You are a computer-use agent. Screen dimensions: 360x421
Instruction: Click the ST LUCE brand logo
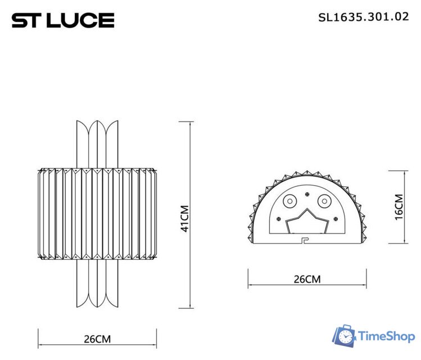click(x=63, y=20)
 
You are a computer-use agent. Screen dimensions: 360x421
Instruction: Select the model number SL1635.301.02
click(x=363, y=17)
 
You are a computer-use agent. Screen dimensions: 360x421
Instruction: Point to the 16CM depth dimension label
click(x=399, y=207)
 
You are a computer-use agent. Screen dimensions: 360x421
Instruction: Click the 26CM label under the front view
click(x=97, y=339)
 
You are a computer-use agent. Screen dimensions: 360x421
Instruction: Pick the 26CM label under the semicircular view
click(x=306, y=279)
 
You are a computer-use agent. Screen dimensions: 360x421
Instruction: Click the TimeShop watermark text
click(x=387, y=336)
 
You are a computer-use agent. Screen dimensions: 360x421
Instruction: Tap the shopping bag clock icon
click(x=344, y=336)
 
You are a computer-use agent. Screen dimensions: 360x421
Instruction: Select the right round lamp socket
click(x=324, y=201)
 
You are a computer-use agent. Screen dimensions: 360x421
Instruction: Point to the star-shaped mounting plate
click(x=307, y=222)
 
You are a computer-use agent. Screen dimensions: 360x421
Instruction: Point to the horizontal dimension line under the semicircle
click(x=307, y=286)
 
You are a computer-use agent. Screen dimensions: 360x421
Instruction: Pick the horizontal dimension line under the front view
click(x=97, y=345)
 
